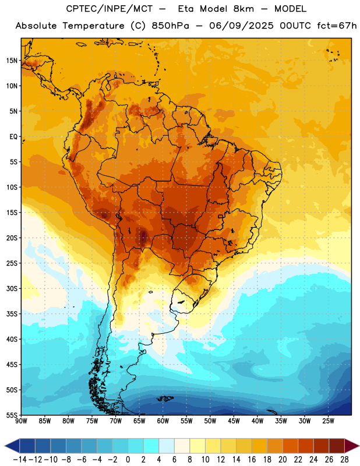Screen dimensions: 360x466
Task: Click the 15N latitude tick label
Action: pyautogui.click(x=12, y=61)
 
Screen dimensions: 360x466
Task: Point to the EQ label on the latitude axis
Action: pyautogui.click(x=13, y=137)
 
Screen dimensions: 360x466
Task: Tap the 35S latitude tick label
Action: pyautogui.click(x=12, y=314)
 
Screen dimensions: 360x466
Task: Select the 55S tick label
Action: pyautogui.click(x=12, y=415)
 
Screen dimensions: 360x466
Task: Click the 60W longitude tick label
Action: pyautogui.click(x=163, y=421)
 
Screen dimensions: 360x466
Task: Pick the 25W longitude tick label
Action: pyautogui.click(x=328, y=421)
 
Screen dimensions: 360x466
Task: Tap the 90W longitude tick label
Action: pyautogui.click(x=21, y=421)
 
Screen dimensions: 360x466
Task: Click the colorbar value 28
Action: pyautogui.click(x=344, y=459)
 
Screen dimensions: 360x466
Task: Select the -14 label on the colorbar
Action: pyautogui.click(x=20, y=459)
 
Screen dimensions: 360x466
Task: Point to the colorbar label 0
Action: pyautogui.click(x=128, y=459)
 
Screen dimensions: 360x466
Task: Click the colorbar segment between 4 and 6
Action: pyautogui.click(x=167, y=446)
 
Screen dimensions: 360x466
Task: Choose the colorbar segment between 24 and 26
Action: pyautogui.click(x=321, y=446)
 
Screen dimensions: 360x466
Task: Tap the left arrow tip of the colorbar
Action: pyautogui.click(x=5, y=446)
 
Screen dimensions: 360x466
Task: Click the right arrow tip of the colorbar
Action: pyautogui.click(x=359, y=446)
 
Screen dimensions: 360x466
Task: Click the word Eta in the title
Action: pyautogui.click(x=186, y=9)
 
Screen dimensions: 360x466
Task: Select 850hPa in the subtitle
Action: pyautogui.click(x=170, y=26)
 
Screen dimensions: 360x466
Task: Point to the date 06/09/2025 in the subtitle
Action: pyautogui.click(x=241, y=26)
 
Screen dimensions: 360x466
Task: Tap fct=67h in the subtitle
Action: pyautogui.click(x=337, y=26)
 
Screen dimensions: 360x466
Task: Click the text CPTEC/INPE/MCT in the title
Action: pyautogui.click(x=109, y=9)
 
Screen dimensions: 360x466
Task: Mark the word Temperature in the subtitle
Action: pyautogui.click(x=93, y=26)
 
